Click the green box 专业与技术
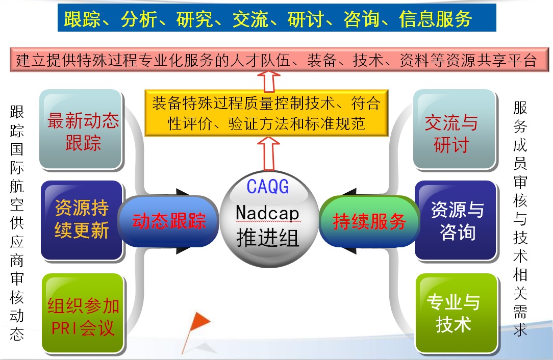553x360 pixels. tap(457, 314)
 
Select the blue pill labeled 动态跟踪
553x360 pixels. tap(168, 221)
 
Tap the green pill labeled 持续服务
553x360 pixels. tap(369, 221)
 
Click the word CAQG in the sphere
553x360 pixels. tap(268, 187)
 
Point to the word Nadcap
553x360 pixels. tap(268, 213)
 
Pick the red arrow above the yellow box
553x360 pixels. tap(269, 81)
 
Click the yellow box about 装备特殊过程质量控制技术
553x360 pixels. tap(267, 113)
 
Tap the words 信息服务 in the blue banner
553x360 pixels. tap(436, 19)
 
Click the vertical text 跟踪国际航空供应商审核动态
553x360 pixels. tap(17, 223)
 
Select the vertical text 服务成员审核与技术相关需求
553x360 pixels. tap(520, 219)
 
